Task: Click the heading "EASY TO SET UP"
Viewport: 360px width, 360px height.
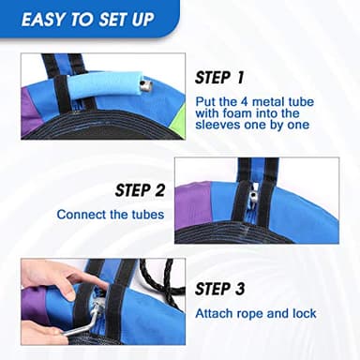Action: click(87, 20)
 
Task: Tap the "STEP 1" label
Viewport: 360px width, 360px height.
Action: click(219, 78)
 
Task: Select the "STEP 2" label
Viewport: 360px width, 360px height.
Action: click(140, 190)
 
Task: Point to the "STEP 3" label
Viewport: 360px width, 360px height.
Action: click(219, 289)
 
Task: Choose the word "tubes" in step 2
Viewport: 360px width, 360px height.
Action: click(148, 215)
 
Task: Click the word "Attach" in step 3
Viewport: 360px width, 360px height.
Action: click(214, 313)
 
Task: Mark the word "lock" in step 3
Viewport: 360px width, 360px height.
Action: click(305, 313)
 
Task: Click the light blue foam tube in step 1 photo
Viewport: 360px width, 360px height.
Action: click(104, 86)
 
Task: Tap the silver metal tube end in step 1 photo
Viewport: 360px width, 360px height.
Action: click(145, 86)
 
